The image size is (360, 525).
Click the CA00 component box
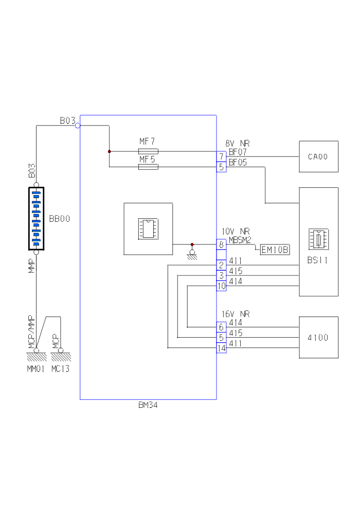click(x=319, y=156)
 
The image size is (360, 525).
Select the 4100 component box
click(x=319, y=338)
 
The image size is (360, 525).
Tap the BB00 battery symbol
click(x=37, y=219)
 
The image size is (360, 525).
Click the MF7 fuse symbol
click(x=148, y=151)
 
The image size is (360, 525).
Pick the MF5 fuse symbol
click(x=148, y=167)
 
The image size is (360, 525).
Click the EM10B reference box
click(x=275, y=250)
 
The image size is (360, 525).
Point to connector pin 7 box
click(x=221, y=155)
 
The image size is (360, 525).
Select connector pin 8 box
click(x=221, y=245)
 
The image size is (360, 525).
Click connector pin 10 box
click(x=221, y=286)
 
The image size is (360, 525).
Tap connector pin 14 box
click(x=221, y=348)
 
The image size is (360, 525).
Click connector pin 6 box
click(x=221, y=327)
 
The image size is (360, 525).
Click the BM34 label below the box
click(x=148, y=405)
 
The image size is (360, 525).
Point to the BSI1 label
click(x=317, y=261)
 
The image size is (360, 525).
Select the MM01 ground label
click(x=37, y=369)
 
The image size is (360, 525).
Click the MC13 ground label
click(x=61, y=369)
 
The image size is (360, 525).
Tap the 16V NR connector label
click(x=236, y=314)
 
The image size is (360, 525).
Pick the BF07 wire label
click(x=238, y=152)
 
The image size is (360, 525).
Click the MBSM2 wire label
click(x=240, y=240)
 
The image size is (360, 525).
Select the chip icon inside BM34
click(x=148, y=229)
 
